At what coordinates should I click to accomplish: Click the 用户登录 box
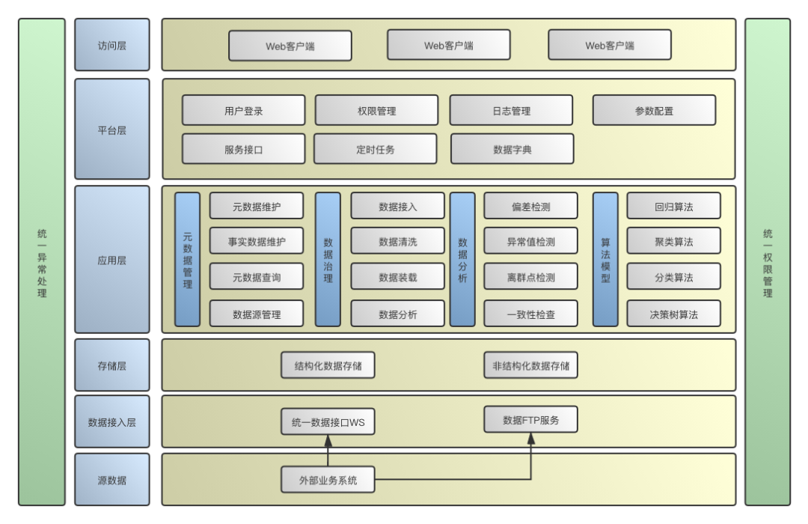[x=243, y=110]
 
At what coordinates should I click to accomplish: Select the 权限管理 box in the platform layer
[x=376, y=110]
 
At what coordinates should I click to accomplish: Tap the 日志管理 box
[x=511, y=110]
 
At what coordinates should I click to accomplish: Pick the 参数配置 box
[x=654, y=110]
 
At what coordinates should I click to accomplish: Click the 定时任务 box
[x=375, y=149]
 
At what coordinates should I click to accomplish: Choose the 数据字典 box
[x=512, y=149]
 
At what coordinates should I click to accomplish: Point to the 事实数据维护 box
[x=257, y=241]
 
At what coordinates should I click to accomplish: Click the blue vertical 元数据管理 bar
[x=187, y=260]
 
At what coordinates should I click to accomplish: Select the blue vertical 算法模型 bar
[x=605, y=260]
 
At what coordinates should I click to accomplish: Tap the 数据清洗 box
[x=397, y=241]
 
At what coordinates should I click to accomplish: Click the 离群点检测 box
[x=530, y=276]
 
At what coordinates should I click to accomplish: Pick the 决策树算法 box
[x=673, y=314]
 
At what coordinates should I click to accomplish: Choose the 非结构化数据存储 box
[x=530, y=365]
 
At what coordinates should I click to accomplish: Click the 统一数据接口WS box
[x=328, y=422]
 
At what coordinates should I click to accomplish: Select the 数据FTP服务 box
[x=530, y=419]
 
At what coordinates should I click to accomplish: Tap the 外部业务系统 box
[x=328, y=480]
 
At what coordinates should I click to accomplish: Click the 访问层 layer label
[x=111, y=45]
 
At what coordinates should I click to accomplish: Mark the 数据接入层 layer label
[x=111, y=422]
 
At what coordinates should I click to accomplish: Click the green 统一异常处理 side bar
[x=42, y=262]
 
